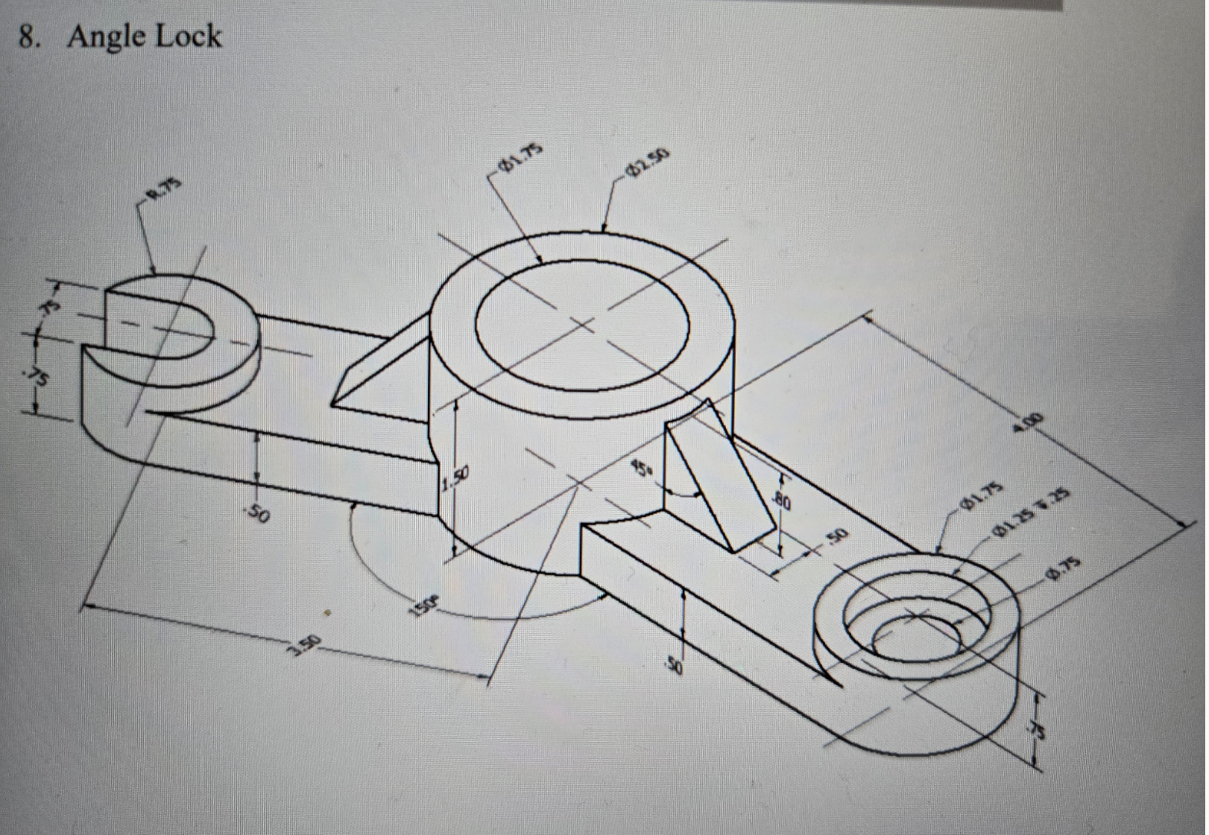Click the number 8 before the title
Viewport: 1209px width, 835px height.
pos(28,37)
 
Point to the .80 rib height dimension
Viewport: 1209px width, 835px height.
pos(782,501)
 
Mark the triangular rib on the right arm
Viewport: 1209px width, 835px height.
pos(716,477)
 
